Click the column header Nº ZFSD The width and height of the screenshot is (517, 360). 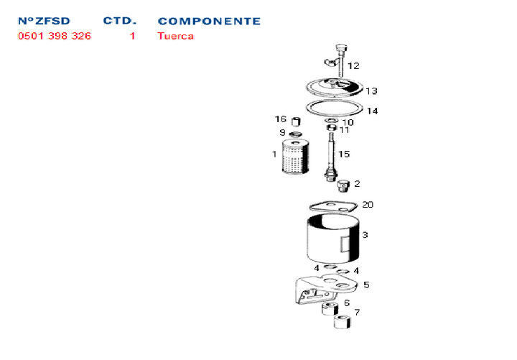point(44,21)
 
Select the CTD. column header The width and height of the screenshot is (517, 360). point(120,21)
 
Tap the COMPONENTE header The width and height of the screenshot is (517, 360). point(209,21)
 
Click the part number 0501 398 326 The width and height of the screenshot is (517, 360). point(55,36)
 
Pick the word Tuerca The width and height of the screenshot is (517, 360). point(175,36)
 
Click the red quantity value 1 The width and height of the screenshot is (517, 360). point(133,36)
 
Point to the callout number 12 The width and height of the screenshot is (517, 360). point(353,65)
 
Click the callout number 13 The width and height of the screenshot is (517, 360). point(371,91)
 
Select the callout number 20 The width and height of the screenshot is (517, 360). point(368,205)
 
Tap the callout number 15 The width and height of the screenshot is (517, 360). point(344,154)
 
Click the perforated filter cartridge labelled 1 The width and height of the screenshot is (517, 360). point(295,157)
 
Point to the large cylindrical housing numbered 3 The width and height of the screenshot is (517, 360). point(332,239)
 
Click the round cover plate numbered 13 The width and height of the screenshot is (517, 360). point(335,88)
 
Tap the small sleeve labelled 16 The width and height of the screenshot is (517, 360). point(296,121)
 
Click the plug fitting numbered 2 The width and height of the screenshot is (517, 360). point(343,186)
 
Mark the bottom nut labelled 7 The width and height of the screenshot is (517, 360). point(343,322)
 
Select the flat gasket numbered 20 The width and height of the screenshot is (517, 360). point(333,207)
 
